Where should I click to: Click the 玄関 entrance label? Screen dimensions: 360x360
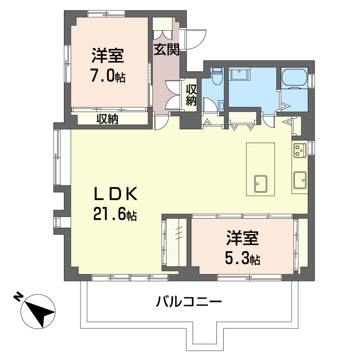(167, 49)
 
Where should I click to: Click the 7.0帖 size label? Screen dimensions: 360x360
(108, 76)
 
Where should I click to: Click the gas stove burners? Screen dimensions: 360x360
(299, 150)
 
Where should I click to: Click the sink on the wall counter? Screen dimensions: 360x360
(299, 180)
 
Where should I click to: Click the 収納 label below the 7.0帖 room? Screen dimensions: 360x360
(107, 119)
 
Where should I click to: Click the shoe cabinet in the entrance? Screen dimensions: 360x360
(162, 28)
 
